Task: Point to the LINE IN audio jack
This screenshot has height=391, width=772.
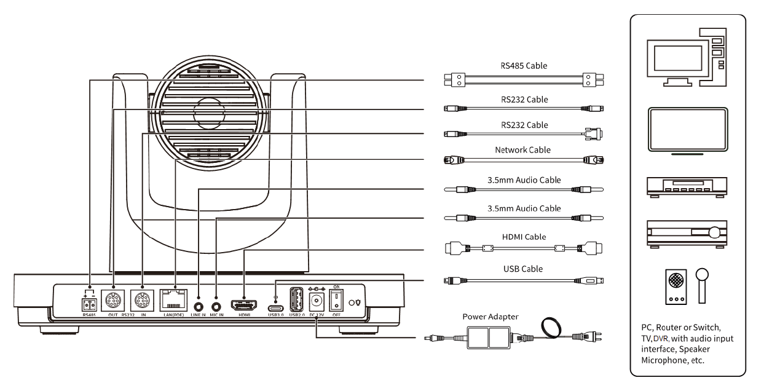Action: click(x=199, y=304)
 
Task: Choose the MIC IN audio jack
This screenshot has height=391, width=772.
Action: click(x=216, y=304)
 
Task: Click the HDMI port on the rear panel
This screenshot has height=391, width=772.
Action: click(x=244, y=304)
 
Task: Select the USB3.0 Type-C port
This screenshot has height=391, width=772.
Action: click(x=275, y=304)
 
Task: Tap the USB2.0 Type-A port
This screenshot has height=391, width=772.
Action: click(x=296, y=301)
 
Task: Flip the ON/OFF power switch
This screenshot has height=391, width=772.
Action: click(x=337, y=301)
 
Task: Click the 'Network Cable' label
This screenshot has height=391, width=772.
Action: click(x=522, y=149)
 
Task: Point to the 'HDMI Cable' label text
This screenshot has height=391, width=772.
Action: click(x=523, y=237)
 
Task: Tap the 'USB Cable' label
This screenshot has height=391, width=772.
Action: click(x=523, y=269)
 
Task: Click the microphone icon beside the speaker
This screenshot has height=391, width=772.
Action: click(x=702, y=285)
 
